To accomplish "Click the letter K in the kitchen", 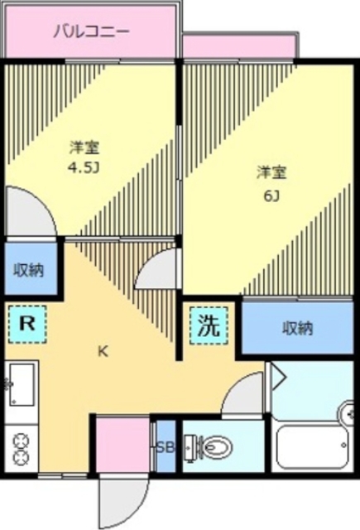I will (103, 350).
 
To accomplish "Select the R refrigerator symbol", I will (27, 324).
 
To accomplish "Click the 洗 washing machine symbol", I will (208, 325).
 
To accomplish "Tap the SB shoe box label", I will (166, 448).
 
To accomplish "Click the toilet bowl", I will (214, 449).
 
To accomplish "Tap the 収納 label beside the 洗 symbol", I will (295, 328).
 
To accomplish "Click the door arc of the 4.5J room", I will (28, 213).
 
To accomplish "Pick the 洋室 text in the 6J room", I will (271, 172).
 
